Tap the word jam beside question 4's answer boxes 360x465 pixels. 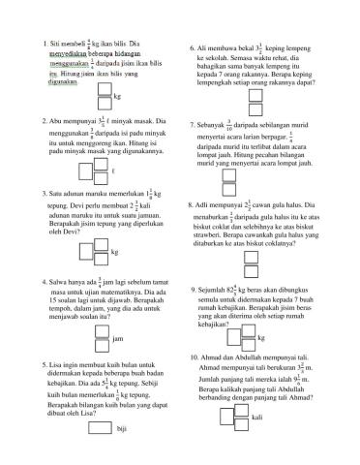pyautogui.click(x=117, y=340)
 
